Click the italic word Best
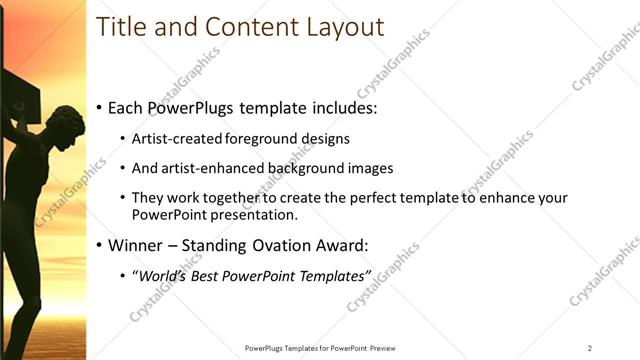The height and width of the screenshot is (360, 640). (207, 275)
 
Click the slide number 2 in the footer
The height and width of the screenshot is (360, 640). (590, 348)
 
